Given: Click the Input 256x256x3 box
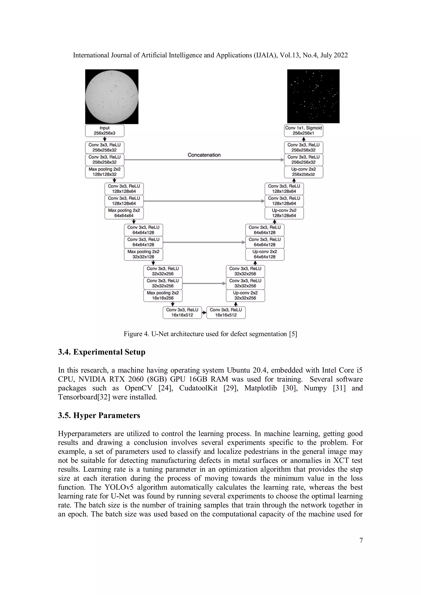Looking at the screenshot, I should coord(104,131).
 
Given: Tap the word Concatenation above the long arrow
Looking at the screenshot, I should coord(204,155).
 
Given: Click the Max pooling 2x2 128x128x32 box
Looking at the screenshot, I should coord(104,172).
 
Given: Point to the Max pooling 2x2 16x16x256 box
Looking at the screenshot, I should coord(163,295).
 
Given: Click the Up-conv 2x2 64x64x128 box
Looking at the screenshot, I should coord(265,254).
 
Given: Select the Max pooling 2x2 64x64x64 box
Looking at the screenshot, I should coord(124,213).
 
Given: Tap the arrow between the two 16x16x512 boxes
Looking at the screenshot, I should coord(204,313).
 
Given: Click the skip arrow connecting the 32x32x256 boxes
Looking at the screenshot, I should coord(204,284).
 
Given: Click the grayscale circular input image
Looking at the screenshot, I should coord(112,96).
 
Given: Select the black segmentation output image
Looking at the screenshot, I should coord(313,96).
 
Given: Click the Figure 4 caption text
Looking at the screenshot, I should coord(210,334).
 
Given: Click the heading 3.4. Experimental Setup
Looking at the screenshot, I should coord(102,352).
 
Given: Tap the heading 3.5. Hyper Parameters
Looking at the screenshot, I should coord(99,415).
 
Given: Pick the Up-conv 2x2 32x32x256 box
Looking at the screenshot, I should coord(245,295).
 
